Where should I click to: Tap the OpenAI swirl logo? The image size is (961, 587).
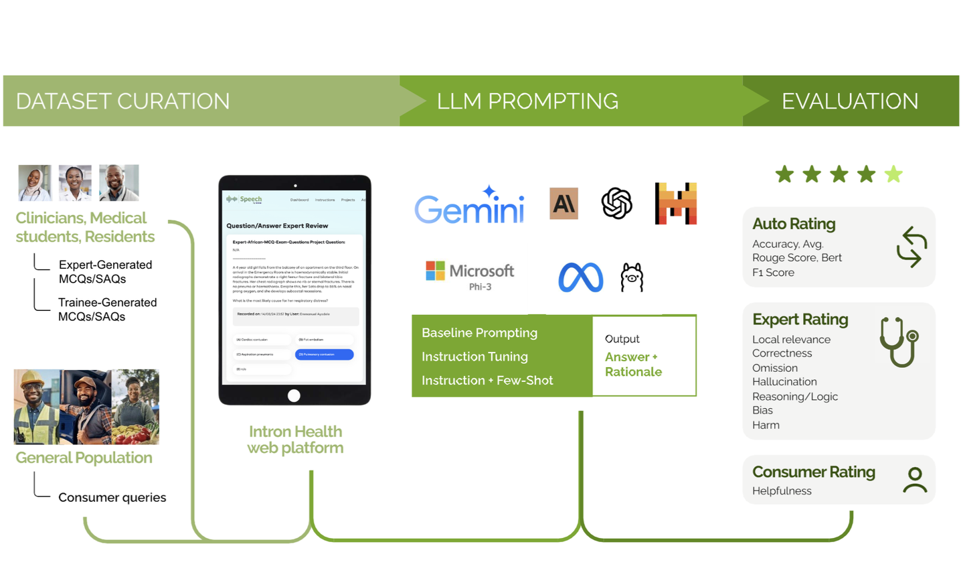click(x=616, y=203)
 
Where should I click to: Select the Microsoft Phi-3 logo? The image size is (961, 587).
click(x=470, y=275)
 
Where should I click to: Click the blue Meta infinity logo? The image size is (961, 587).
click(x=580, y=277)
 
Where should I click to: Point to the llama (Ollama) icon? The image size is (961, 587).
click(x=632, y=277)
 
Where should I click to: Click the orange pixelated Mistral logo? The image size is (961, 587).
click(x=675, y=203)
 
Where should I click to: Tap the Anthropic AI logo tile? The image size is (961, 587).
click(x=563, y=203)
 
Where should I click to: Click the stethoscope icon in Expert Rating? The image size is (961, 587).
click(x=899, y=342)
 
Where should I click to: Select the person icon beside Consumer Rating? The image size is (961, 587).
click(x=914, y=480)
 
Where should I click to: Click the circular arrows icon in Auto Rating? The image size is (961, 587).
click(x=911, y=247)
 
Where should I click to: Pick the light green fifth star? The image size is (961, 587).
click(x=893, y=174)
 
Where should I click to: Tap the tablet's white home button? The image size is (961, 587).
click(x=294, y=395)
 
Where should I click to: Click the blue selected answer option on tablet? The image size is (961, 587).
click(x=324, y=354)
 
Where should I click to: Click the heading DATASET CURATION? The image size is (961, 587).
click(x=122, y=101)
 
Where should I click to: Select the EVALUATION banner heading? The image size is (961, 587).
click(x=850, y=101)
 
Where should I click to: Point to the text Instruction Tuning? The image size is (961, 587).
click(x=474, y=356)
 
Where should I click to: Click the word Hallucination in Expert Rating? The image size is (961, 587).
click(x=784, y=382)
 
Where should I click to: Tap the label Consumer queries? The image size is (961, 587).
click(x=112, y=497)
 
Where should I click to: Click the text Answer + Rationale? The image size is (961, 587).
click(x=633, y=365)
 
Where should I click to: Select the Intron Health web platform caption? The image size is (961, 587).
click(x=295, y=440)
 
